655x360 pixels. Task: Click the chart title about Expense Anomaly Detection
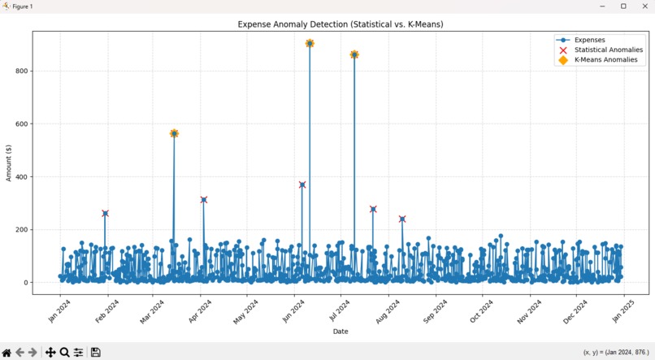point(341,24)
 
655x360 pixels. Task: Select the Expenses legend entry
point(589,40)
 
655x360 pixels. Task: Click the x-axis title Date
point(341,332)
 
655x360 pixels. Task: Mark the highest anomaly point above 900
point(310,44)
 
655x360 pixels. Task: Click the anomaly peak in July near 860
point(354,54)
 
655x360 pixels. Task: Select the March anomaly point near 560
point(174,133)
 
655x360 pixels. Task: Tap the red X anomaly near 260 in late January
point(105,214)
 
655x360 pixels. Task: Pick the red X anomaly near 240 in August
point(402,219)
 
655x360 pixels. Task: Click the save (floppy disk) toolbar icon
point(95,352)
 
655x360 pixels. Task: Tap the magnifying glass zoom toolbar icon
point(64,352)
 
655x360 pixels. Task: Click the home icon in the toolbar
point(7,352)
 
